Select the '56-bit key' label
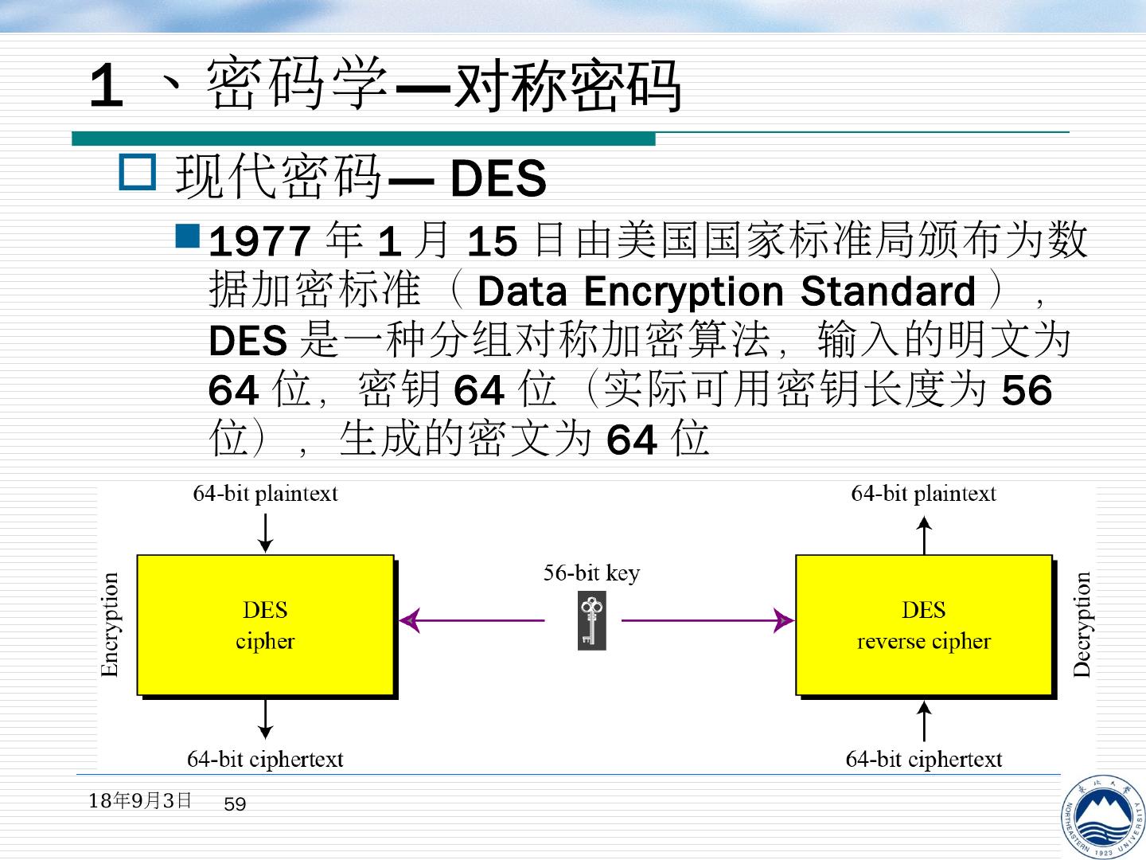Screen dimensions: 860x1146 [x=591, y=573]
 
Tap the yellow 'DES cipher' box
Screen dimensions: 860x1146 [x=265, y=625]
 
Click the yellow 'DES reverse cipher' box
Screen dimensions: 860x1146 [x=924, y=625]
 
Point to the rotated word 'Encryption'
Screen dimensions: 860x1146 [x=110, y=625]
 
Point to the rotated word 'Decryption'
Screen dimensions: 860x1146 [x=1082, y=625]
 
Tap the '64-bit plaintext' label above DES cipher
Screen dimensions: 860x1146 [x=265, y=494]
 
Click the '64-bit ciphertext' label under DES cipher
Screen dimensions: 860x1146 [x=265, y=760]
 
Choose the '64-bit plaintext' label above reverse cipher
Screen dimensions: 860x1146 [x=923, y=494]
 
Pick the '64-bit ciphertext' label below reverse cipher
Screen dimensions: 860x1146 [x=924, y=760]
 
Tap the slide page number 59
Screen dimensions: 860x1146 [x=235, y=805]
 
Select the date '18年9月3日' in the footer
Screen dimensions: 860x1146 [x=140, y=800]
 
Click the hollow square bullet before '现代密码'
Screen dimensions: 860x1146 [x=138, y=173]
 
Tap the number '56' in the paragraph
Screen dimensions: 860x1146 [x=1027, y=391]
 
